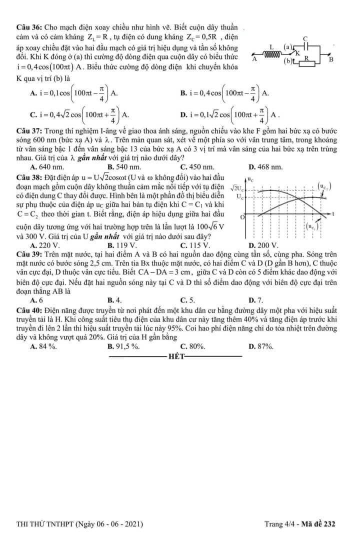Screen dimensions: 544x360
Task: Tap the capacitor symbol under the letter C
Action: pos(305,45)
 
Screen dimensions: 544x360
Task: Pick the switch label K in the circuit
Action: pos(297,52)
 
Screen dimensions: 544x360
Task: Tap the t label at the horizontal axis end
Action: pos(332,213)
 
